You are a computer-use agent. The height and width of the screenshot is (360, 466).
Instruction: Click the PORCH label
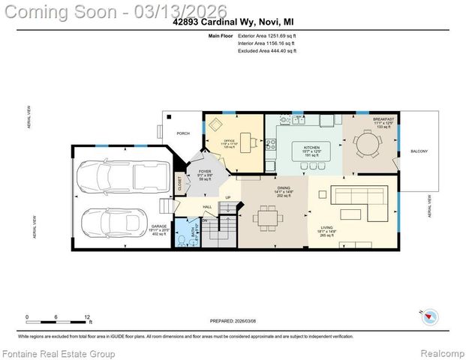click(182, 133)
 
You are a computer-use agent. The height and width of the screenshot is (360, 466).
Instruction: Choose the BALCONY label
click(419, 152)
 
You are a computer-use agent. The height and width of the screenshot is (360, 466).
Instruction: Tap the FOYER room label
click(203, 172)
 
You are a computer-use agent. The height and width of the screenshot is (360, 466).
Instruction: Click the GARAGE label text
click(158, 226)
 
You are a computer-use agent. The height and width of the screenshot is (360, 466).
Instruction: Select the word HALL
click(207, 207)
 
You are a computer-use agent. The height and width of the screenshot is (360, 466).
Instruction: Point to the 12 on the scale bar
click(88, 317)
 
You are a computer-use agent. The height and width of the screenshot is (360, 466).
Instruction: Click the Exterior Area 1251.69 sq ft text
click(267, 35)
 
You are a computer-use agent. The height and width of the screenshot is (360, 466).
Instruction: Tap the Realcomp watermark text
click(441, 352)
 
